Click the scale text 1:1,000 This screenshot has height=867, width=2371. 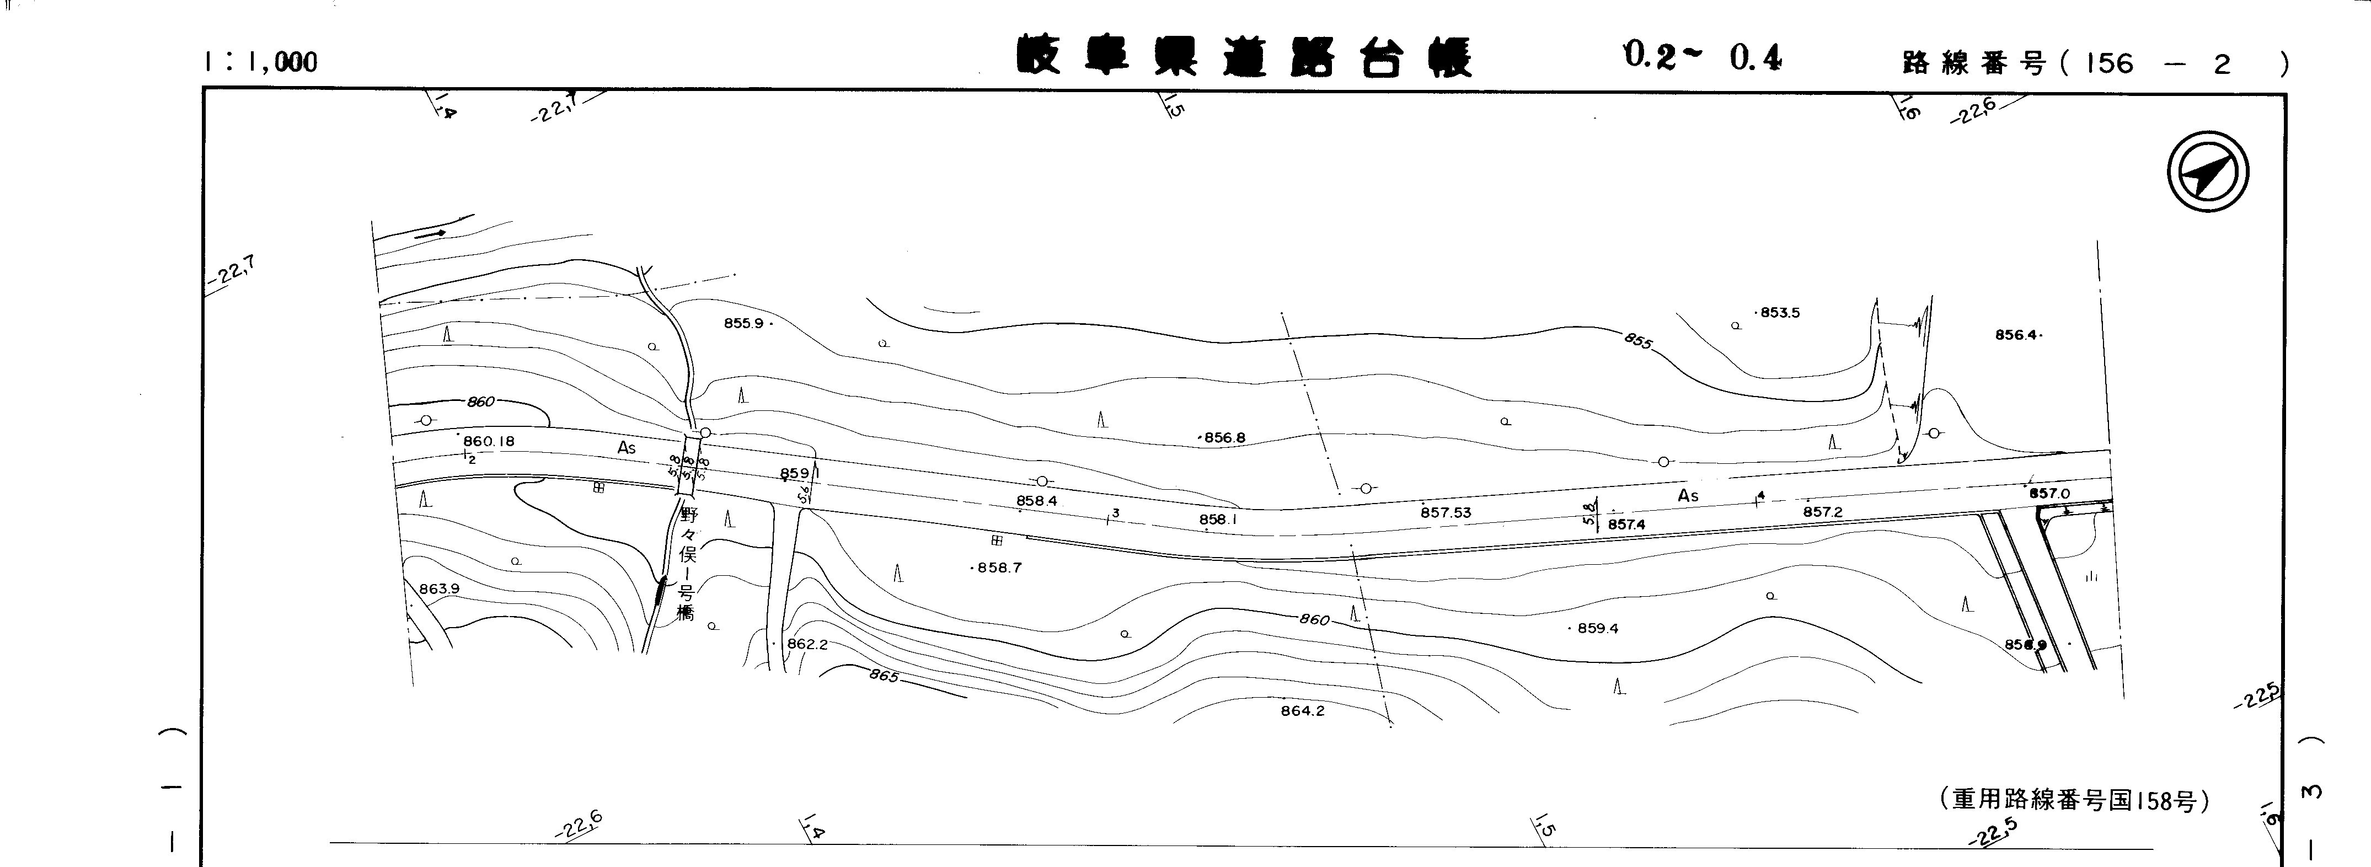(x=261, y=62)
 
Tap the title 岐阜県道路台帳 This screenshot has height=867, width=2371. (x=1244, y=57)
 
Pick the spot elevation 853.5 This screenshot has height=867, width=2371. (x=1779, y=313)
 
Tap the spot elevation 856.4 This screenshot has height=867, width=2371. (x=2016, y=335)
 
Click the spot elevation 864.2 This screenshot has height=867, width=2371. (x=1302, y=710)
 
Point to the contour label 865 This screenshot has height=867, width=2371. (x=882, y=677)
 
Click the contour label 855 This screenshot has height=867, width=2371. (x=1639, y=340)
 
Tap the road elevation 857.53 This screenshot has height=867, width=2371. (x=1445, y=513)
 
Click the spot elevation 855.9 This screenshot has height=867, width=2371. (x=743, y=323)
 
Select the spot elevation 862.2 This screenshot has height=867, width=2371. (x=806, y=644)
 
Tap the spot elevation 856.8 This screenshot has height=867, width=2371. (x=1224, y=438)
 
